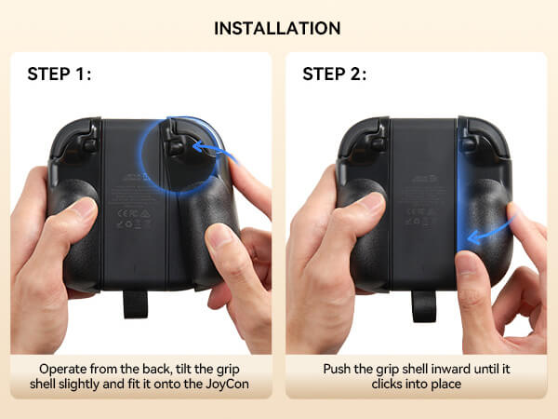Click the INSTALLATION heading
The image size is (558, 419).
[277, 29]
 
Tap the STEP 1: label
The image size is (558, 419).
[60, 74]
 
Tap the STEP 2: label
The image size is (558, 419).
[334, 74]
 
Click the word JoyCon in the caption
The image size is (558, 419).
[228, 384]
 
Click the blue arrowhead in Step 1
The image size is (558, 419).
[197, 146]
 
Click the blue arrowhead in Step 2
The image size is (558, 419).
[473, 237]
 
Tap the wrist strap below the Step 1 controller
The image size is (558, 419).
[135, 304]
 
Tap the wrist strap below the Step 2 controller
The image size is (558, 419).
[423, 306]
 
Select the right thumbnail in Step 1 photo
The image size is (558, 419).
[219, 236]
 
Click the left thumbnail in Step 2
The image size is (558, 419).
[371, 203]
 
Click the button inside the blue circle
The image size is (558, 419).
[176, 147]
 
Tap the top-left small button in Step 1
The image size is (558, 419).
[89, 145]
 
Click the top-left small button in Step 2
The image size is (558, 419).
[378, 144]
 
